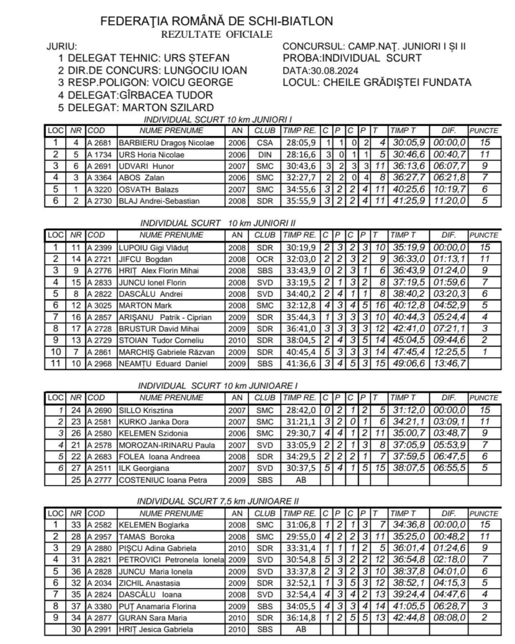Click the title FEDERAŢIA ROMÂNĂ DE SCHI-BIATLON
[207, 21]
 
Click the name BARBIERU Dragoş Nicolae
[166, 142]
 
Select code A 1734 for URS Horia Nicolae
[99, 154]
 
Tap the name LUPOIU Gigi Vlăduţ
[156, 247]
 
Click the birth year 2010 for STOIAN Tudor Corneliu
[237, 340]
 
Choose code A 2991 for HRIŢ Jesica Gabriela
[99, 629]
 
